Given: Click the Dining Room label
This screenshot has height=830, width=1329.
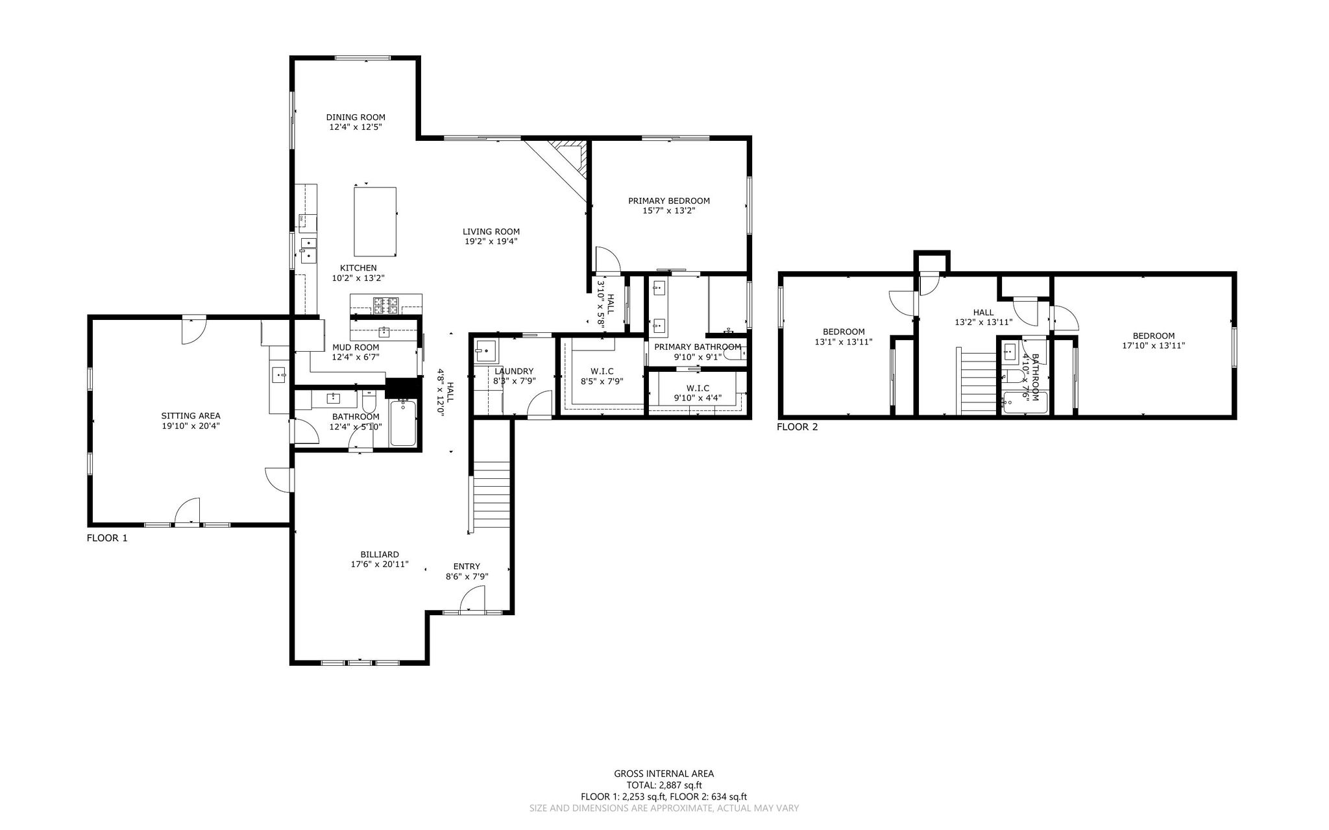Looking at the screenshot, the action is coord(356,117).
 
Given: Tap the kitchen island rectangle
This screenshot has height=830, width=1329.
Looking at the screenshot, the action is coord(375,221).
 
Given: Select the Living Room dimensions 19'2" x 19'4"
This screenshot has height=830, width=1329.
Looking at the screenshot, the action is coord(491,241).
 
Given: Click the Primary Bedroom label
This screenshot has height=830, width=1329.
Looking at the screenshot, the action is coord(669,201).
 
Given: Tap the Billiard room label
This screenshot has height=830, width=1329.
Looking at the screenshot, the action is coord(380,555).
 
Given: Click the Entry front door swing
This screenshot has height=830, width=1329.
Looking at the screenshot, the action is coord(472,598).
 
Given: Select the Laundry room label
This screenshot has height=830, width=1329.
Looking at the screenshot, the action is coord(514,371).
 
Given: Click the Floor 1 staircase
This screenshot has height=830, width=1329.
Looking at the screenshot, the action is coord(492,496).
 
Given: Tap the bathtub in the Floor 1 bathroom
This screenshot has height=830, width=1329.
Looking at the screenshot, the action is coord(403,423).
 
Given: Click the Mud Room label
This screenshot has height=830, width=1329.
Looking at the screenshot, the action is coord(356,348).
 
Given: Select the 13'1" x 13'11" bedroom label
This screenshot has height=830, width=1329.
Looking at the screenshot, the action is coord(844,332).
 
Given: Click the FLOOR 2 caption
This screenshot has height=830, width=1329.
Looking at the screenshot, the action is coord(798,427).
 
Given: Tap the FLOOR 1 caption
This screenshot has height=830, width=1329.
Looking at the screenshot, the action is coord(107,538).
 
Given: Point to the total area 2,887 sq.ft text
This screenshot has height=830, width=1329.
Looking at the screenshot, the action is coord(664,785).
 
